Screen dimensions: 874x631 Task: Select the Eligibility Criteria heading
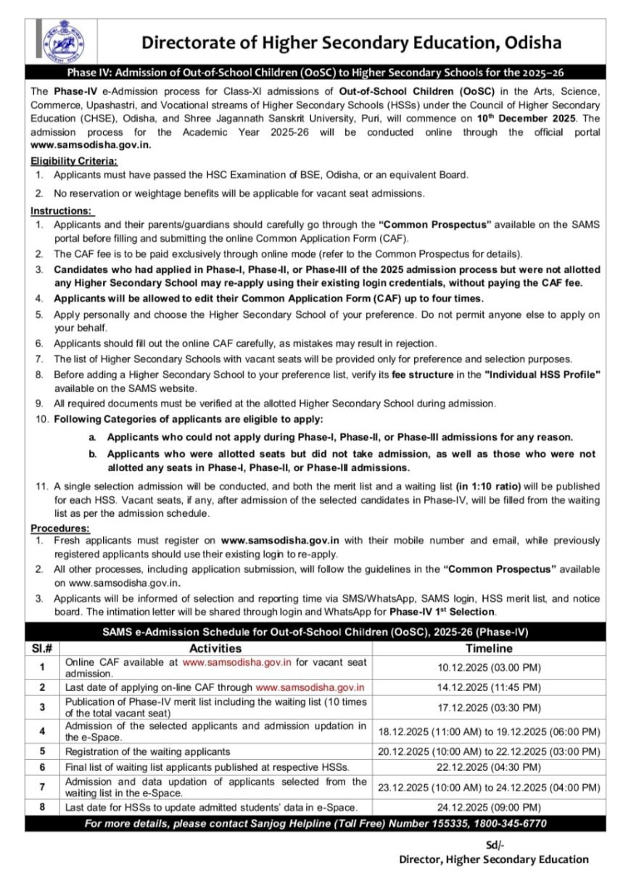(x=74, y=161)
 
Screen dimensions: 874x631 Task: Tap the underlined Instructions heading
(x=62, y=211)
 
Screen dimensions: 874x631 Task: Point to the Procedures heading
(x=60, y=528)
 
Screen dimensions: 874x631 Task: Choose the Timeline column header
(x=489, y=648)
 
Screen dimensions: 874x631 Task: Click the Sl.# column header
(x=43, y=648)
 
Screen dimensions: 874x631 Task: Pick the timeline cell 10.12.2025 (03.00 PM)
(x=489, y=667)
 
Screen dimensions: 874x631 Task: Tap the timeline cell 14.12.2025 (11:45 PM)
(x=489, y=687)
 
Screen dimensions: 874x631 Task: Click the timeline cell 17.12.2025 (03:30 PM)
(x=489, y=706)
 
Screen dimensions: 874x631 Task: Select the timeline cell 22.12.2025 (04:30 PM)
(x=489, y=767)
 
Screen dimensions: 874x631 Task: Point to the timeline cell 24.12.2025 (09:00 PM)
(x=489, y=807)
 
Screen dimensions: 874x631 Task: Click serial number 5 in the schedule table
(x=43, y=751)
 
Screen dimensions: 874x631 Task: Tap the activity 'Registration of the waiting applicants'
(x=148, y=751)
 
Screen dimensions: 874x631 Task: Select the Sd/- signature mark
(x=495, y=844)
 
